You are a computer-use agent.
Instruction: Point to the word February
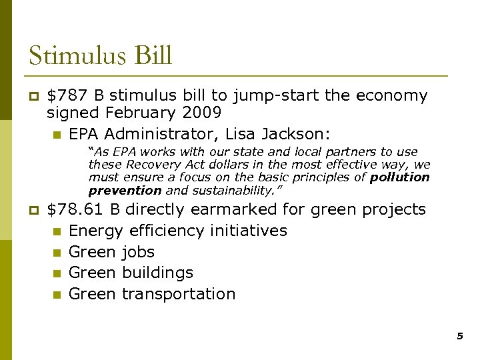point(137,113)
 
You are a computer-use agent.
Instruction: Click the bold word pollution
point(399,177)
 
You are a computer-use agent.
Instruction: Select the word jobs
point(138,252)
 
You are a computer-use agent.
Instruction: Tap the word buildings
point(157,273)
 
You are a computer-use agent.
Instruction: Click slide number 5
point(459,337)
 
